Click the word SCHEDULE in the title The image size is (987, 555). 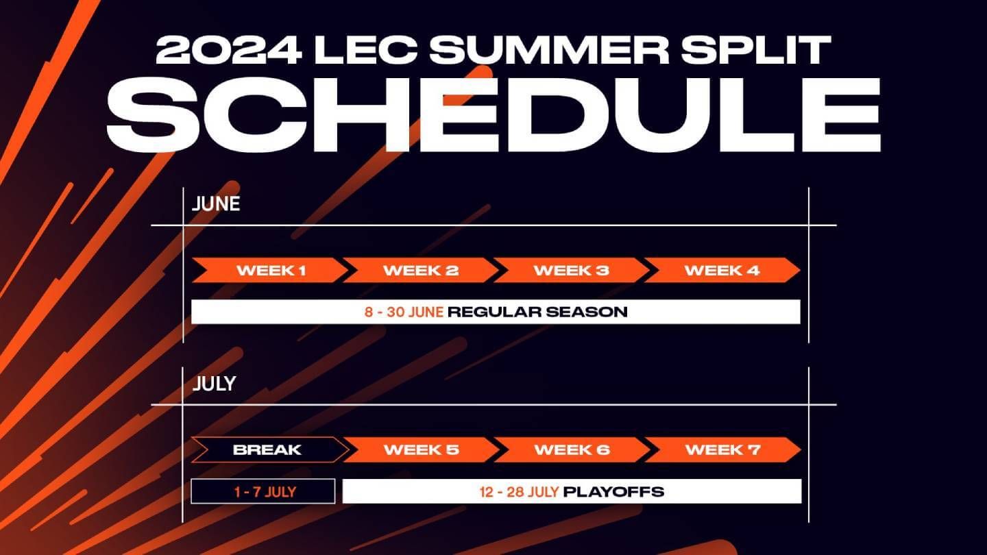(x=502, y=115)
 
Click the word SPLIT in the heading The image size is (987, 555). (x=761, y=51)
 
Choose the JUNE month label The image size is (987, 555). (x=216, y=204)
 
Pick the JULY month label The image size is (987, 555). (x=214, y=384)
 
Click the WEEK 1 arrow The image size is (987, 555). (x=270, y=270)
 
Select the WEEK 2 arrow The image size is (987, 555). (x=421, y=270)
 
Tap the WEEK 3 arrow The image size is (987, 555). (x=572, y=270)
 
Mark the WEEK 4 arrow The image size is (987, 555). (x=722, y=270)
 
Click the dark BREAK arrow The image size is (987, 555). (x=267, y=450)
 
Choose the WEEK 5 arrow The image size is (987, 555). (x=421, y=450)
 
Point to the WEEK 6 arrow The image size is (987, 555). (x=572, y=450)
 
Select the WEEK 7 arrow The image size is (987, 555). (x=722, y=450)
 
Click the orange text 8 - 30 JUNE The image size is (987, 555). (x=404, y=312)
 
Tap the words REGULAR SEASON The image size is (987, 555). (x=537, y=312)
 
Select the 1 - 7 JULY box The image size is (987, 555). (x=263, y=491)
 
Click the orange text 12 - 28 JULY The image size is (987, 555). (x=519, y=491)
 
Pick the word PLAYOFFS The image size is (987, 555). (x=613, y=491)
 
